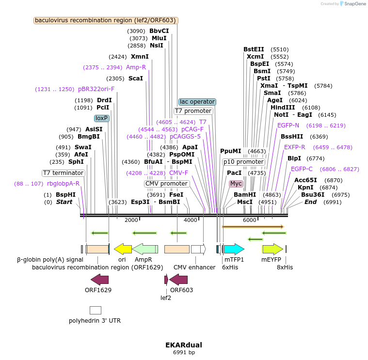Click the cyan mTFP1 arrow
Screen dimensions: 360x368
pos(233,249)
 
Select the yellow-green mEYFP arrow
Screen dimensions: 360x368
pos(272,249)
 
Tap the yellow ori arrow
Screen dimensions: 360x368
pos(123,249)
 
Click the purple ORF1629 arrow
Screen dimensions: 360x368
pos(99,280)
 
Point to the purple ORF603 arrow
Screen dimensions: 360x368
pos(178,280)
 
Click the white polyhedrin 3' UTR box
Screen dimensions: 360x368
pos(95,310)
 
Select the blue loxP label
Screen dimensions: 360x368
pos(102,118)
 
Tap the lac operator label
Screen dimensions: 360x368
pos(197,102)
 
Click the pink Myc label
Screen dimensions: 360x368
pos(236,184)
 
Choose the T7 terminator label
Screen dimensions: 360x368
pos(63,173)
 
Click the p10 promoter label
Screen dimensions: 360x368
pos(244,162)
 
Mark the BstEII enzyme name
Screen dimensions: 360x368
pos(254,49)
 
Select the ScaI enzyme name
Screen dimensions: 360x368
pos(135,78)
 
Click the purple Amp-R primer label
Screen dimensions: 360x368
pos(136,67)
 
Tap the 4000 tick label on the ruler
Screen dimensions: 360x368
pos(191,220)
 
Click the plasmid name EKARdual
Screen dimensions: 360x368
pos(184,345)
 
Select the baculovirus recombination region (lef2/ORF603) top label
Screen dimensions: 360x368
pos(106,20)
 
